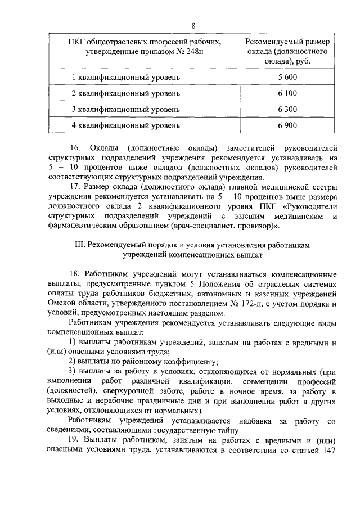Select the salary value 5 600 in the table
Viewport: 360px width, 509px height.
tap(286, 76)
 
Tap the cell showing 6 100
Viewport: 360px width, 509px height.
tap(286, 92)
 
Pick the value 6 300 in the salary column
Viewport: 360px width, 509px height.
tap(286, 108)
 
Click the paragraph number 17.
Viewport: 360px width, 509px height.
tap(75, 186)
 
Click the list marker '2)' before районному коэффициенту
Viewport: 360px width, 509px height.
tap(73, 361)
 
